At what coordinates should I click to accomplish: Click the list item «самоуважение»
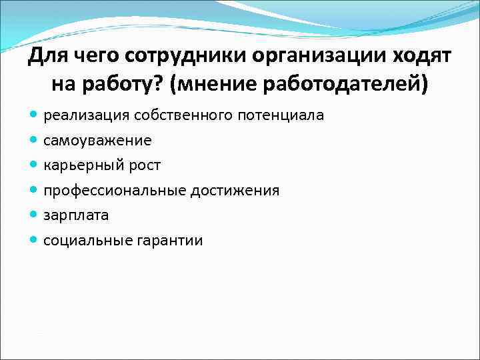pyautogui.click(x=97, y=141)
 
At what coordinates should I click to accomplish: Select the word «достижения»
pyautogui.click(x=235, y=191)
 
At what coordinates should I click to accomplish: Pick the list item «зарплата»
pyautogui.click(x=76, y=216)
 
